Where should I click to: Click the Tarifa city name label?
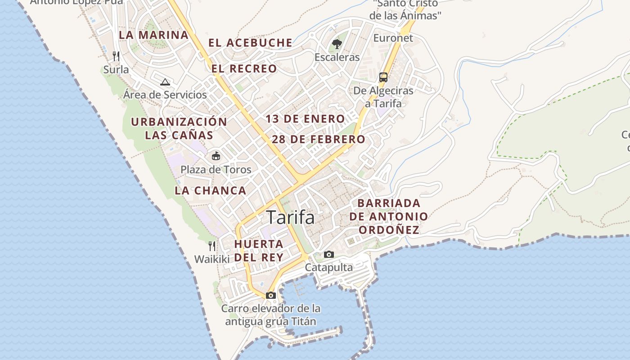(290, 217)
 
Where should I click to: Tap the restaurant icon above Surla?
(116, 56)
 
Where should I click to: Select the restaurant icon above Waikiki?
(212, 246)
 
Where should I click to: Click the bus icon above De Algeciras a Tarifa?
(383, 77)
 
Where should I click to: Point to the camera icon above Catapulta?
(329, 254)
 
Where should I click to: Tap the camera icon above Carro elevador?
(270, 295)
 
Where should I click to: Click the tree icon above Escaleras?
(337, 44)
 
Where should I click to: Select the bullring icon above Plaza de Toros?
(216, 156)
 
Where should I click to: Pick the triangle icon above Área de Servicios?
(165, 82)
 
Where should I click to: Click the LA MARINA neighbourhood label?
(153, 35)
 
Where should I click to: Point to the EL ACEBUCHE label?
(250, 43)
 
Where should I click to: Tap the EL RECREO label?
(244, 69)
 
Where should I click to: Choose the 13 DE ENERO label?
(305, 119)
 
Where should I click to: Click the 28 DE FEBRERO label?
(319, 139)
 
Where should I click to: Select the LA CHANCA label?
(211, 190)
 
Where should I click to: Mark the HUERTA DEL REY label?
(259, 251)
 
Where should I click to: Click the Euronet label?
(393, 38)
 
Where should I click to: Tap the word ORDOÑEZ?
(389, 230)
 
